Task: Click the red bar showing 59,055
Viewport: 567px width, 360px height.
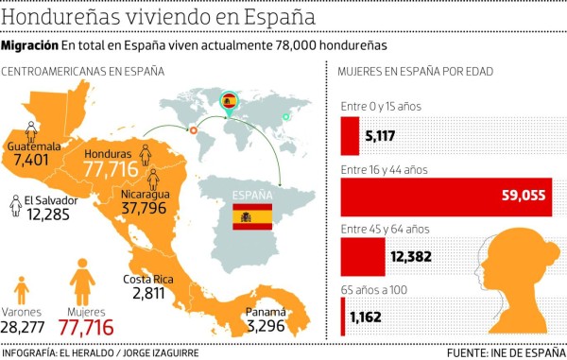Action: click(445, 197)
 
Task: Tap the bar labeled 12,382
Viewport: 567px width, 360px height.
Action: click(363, 256)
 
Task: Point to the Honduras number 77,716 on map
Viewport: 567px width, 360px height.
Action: click(112, 168)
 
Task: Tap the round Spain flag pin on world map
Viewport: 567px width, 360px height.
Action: click(228, 99)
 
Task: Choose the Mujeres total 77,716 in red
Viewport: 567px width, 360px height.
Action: click(86, 327)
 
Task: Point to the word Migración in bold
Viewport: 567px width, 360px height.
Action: click(29, 46)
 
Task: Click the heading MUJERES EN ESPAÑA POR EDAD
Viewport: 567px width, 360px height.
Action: click(415, 71)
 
